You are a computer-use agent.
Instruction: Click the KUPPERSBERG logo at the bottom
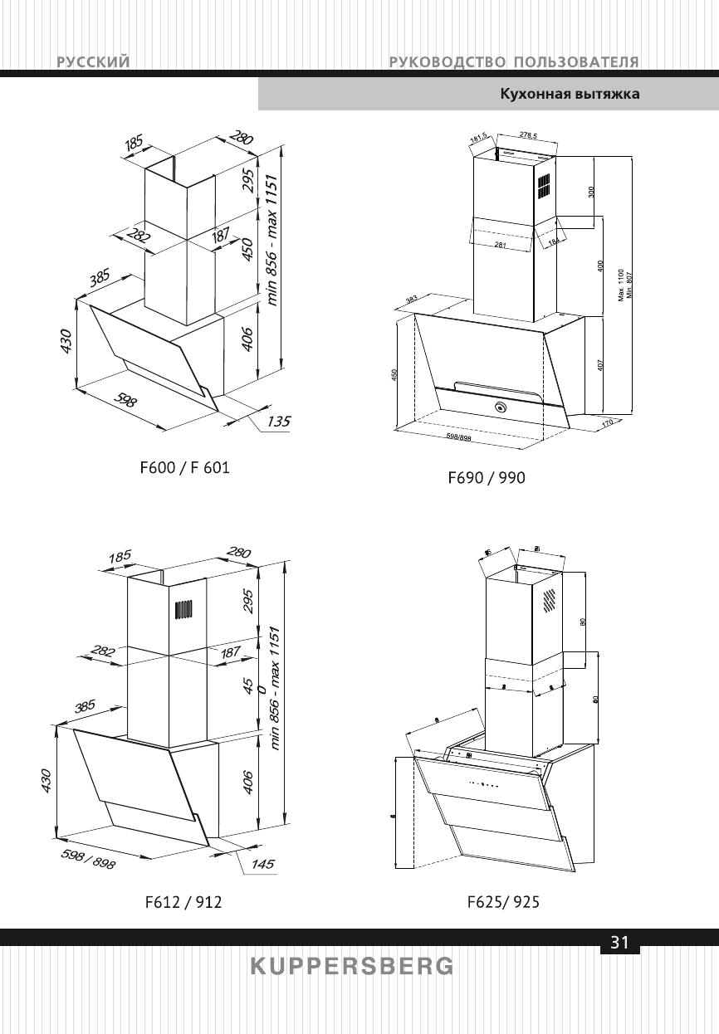(352, 967)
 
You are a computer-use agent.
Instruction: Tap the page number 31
(619, 943)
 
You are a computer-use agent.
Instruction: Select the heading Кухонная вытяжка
(569, 95)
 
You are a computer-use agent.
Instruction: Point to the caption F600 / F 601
(184, 468)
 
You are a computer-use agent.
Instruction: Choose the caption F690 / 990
(487, 477)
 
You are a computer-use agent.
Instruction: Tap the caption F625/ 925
(503, 902)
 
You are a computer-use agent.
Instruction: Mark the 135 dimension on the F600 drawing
(279, 422)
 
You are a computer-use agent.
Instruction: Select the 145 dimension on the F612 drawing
(262, 864)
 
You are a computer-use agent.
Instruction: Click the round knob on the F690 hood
(501, 407)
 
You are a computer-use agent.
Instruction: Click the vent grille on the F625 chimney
(549, 599)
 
